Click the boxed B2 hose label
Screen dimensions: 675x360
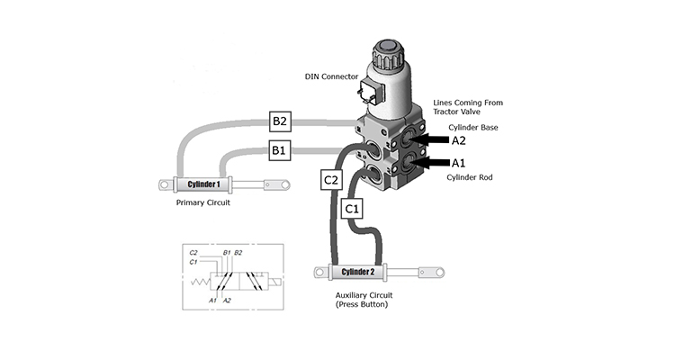pyautogui.click(x=280, y=121)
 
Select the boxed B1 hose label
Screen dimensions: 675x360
pyautogui.click(x=279, y=150)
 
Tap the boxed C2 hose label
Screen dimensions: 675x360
pyautogui.click(x=331, y=180)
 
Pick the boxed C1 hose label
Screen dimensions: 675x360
pyautogui.click(x=352, y=209)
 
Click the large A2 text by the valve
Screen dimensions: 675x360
pyautogui.click(x=458, y=140)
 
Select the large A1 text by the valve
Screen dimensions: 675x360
pyautogui.click(x=458, y=163)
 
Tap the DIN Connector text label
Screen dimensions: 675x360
pyautogui.click(x=331, y=76)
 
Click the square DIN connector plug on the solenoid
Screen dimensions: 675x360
pyautogui.click(x=369, y=93)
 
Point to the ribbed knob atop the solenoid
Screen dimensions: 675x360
pyautogui.click(x=389, y=55)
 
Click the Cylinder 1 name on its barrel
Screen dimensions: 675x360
pyautogui.click(x=203, y=184)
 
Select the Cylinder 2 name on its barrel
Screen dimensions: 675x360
pyautogui.click(x=357, y=272)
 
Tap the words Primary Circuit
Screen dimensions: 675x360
pyautogui.click(x=203, y=202)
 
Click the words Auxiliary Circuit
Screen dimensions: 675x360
pyautogui.click(x=364, y=295)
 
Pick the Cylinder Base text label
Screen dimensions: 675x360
pyautogui.click(x=473, y=128)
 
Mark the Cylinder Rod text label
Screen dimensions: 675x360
pyautogui.click(x=469, y=177)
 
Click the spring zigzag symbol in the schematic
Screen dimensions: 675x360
pyautogui.click(x=200, y=282)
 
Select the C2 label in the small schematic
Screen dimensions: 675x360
pyautogui.click(x=193, y=253)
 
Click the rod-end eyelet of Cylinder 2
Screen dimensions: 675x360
pyautogui.click(x=439, y=272)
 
